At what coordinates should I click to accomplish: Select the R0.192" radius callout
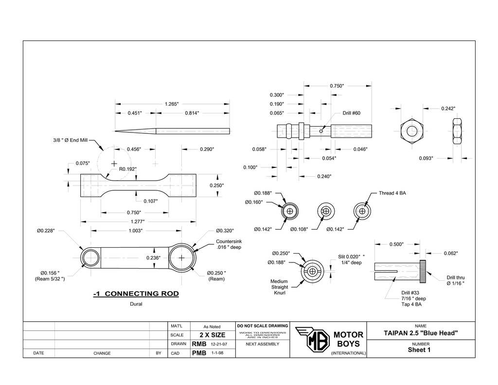pos(128,169)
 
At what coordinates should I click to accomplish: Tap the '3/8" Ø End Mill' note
pos(70,140)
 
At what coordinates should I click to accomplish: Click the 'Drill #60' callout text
pos(351,113)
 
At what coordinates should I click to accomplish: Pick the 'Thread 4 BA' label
pos(392,193)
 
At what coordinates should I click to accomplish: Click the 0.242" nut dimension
pos(448,109)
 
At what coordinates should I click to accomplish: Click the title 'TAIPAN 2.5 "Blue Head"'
pos(421,333)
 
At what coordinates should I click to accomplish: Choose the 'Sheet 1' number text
pos(419,349)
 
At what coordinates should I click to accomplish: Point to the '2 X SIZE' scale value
pos(212,335)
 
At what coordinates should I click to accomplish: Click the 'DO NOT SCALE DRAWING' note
pos(262,326)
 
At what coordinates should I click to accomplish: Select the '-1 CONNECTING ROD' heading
pos(136,293)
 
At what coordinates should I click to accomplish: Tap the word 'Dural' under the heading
pos(136,304)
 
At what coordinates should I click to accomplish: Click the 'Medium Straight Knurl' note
pos(279,287)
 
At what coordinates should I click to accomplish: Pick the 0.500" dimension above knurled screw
pos(396,244)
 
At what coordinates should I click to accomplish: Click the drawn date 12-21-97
pos(219,344)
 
